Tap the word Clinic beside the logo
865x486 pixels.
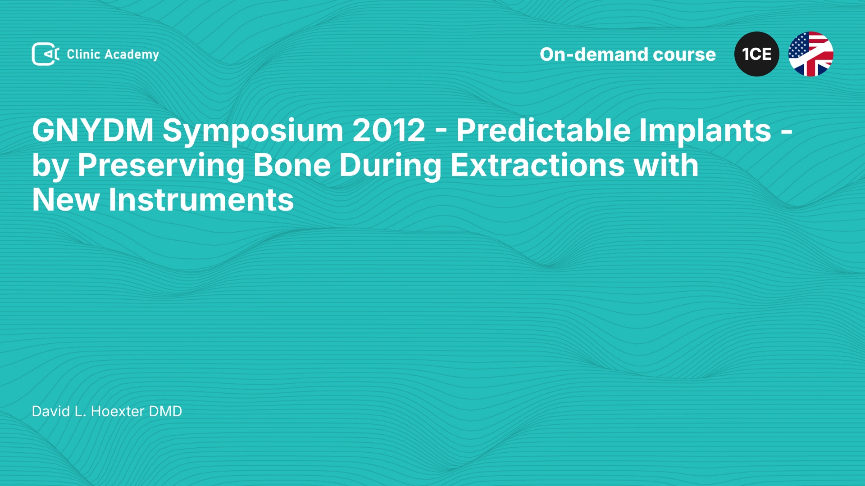point(83,54)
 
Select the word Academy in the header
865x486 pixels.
point(132,55)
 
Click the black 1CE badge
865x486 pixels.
point(757,54)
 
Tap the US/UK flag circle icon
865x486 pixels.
point(811,54)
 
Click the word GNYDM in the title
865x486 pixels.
point(93,130)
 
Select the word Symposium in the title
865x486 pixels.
point(252,131)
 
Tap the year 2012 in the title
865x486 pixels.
point(389,130)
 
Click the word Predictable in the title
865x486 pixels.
point(543,130)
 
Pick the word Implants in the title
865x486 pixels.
point(706,131)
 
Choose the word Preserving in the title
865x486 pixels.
point(161,166)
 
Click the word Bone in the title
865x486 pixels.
point(292,165)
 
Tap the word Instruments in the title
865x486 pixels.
point(201,200)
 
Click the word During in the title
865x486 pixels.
point(391,166)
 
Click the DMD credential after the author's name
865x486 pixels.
point(165,411)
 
